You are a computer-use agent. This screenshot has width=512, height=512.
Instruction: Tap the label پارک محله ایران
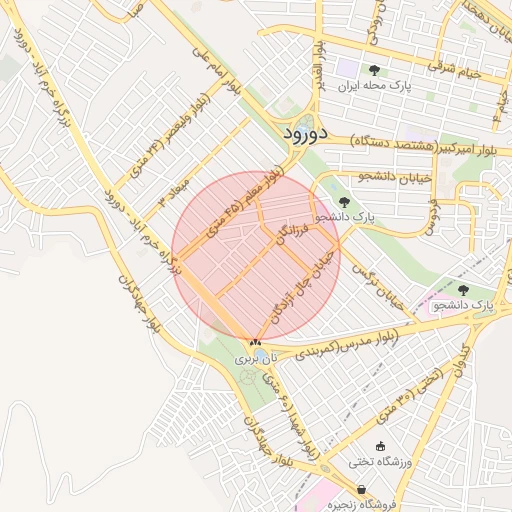pyautogui.click(x=374, y=87)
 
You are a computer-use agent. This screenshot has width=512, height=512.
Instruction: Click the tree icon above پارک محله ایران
pyautogui.click(x=374, y=70)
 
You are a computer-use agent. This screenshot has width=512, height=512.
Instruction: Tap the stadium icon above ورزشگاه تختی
pyautogui.click(x=379, y=446)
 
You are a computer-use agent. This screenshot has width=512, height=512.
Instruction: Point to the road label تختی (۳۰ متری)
pyautogui.click(x=411, y=396)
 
